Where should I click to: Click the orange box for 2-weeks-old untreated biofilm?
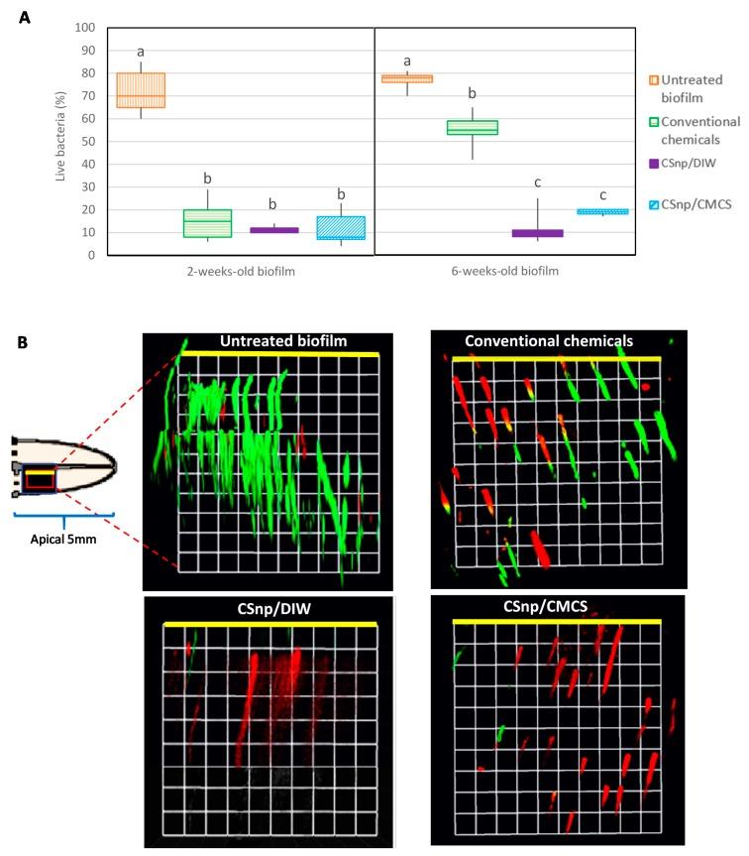(x=142, y=90)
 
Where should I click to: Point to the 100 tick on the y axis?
(x=88, y=27)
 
